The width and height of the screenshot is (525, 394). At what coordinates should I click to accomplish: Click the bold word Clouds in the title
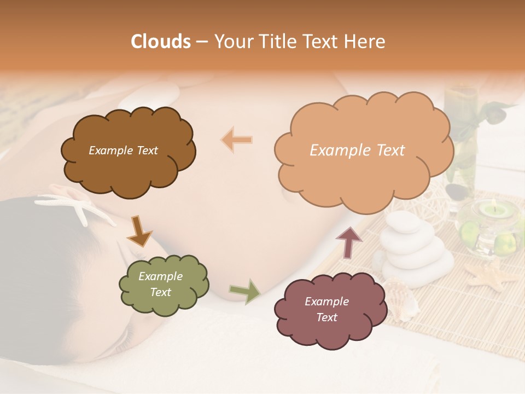pos(161,42)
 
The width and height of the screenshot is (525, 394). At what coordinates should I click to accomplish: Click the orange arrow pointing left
pos(237,140)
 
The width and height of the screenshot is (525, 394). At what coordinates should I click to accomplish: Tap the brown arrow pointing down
pos(139,231)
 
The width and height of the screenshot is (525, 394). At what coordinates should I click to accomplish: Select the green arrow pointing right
pos(244,291)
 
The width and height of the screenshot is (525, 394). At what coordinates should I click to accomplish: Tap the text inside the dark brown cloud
pos(123,150)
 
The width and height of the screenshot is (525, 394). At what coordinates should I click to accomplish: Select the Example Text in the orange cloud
pos(357,150)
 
